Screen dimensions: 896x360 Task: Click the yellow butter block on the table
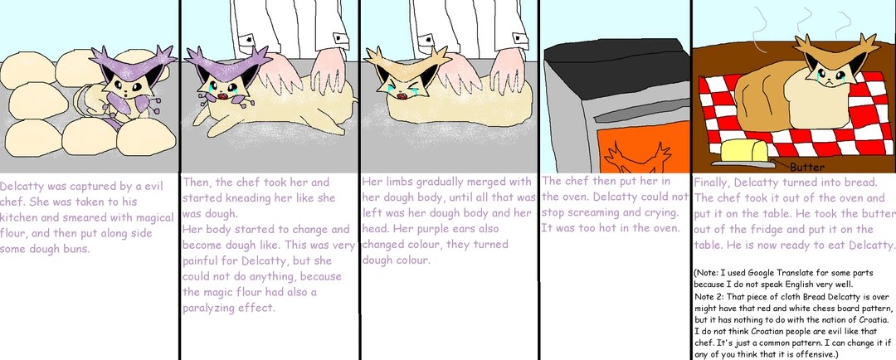point(743,152)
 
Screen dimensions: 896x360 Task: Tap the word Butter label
point(807,168)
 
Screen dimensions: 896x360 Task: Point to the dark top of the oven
point(617,60)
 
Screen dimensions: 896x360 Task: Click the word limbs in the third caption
point(397,182)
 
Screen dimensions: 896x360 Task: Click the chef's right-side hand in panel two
point(329,71)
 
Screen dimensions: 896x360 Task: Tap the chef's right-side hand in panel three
point(508,71)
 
